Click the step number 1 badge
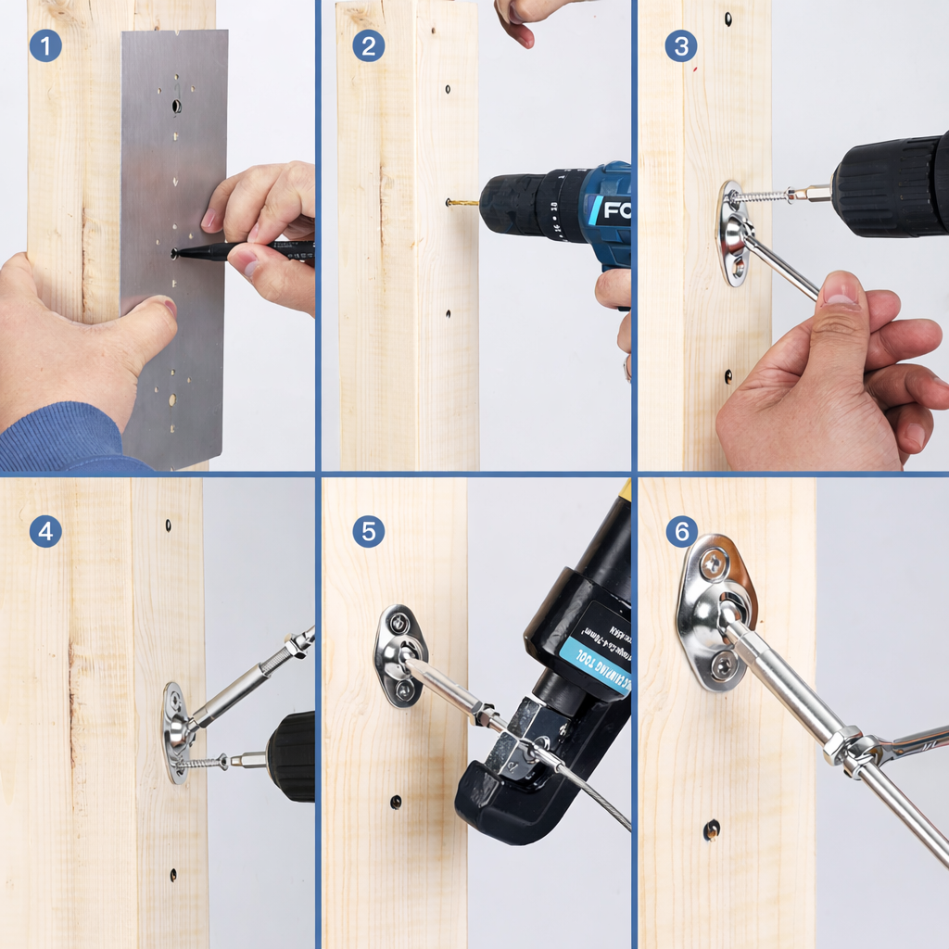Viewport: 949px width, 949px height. coord(45,45)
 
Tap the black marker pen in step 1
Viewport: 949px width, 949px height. coord(250,250)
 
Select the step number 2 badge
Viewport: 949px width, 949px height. coord(368,45)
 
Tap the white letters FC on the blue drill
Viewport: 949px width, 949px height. coord(617,210)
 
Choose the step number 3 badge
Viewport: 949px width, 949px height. coord(681,45)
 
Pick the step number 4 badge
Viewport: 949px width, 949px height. coord(45,531)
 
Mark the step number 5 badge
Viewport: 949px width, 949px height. coord(368,531)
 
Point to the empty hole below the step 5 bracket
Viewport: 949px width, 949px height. coord(396,802)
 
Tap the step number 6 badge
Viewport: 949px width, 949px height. coord(681,531)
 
